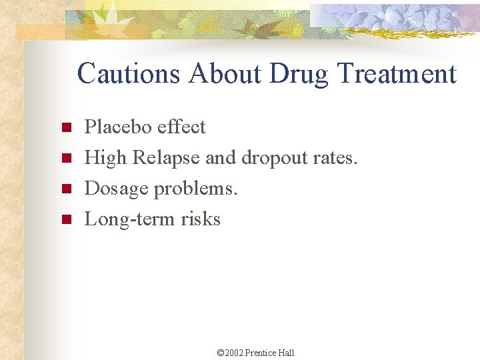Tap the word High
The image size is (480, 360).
106,158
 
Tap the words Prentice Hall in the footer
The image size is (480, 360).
269,353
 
